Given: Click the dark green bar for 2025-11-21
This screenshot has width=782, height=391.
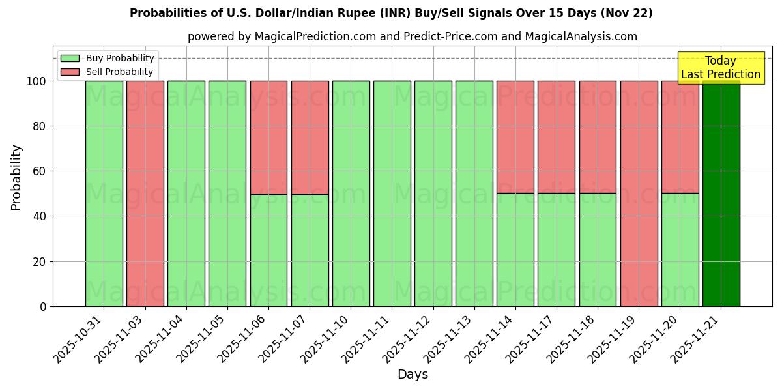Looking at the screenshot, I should click(x=721, y=194).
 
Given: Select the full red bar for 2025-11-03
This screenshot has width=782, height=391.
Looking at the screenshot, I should click(x=145, y=194).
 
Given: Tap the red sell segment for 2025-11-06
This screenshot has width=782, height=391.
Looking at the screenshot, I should click(x=268, y=138).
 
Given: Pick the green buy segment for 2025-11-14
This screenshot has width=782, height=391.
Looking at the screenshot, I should click(x=515, y=250).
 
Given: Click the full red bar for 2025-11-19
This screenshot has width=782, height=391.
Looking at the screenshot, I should click(x=639, y=194).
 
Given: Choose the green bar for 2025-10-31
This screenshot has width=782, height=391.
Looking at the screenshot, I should click(x=104, y=194).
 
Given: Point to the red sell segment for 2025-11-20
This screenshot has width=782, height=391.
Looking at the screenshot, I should click(x=680, y=137).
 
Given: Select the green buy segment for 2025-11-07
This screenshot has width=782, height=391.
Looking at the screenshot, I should click(x=310, y=250).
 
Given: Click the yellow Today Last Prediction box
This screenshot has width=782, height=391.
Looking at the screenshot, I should click(x=720, y=68).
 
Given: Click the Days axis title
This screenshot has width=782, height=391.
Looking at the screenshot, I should click(x=413, y=375).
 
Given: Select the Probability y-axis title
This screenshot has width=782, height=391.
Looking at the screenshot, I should click(x=16, y=177).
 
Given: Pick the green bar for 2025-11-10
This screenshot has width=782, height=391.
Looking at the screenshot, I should click(x=351, y=194).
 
